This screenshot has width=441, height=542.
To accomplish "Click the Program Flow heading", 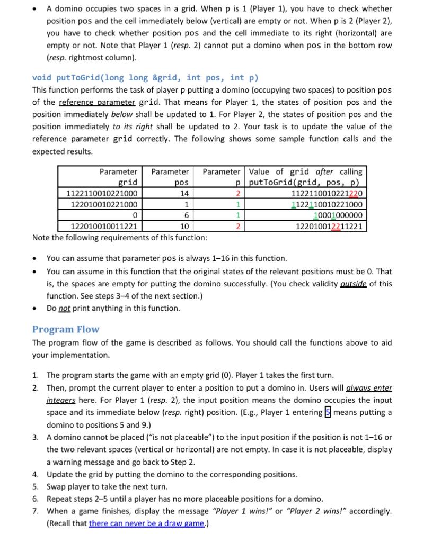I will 65,329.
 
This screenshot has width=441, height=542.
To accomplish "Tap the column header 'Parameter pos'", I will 170,177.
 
